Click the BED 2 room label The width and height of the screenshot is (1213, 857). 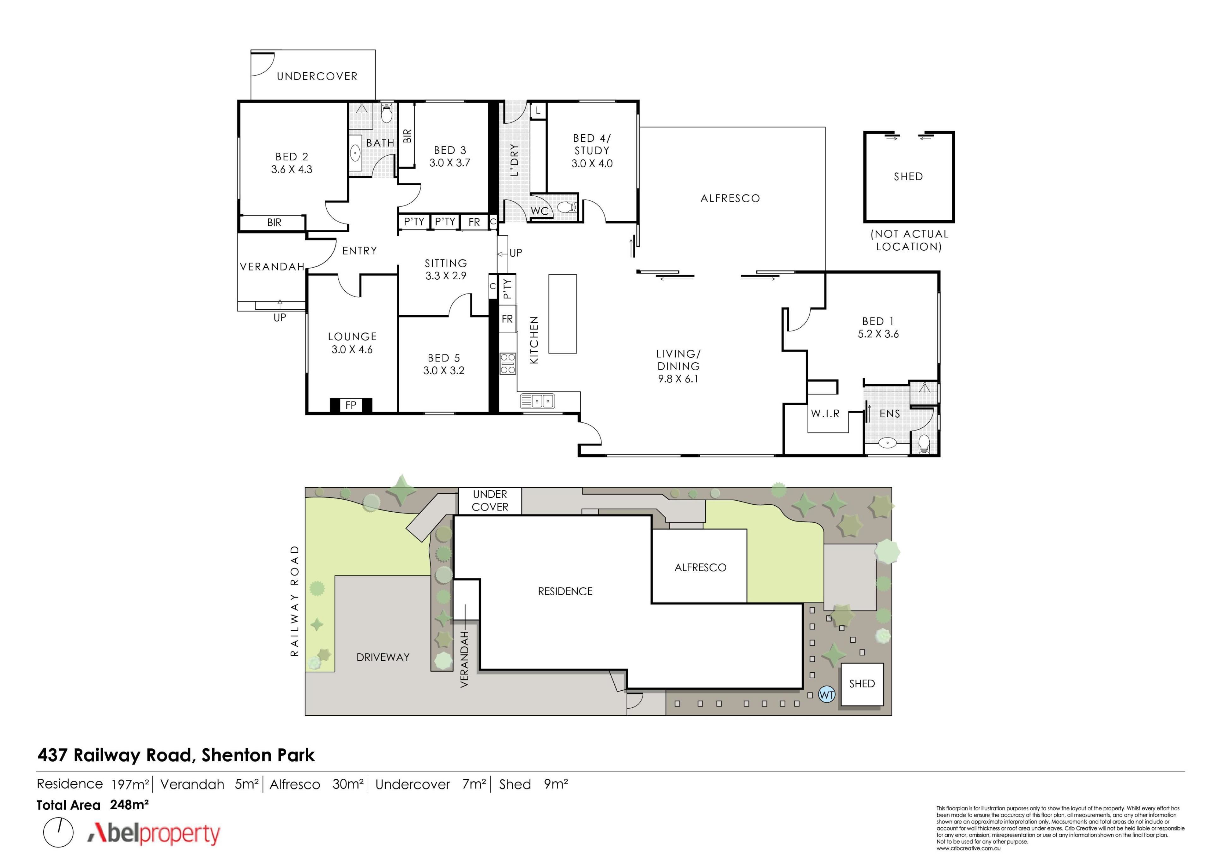pos(292,157)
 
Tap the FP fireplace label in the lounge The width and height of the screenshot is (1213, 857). pos(351,405)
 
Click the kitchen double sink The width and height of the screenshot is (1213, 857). pos(537,401)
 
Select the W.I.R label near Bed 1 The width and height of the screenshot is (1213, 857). pos(825,414)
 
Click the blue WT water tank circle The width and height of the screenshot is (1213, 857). pos(827,694)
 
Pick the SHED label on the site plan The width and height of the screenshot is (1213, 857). pos(862,683)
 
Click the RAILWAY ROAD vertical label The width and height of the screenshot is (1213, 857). pos(295,601)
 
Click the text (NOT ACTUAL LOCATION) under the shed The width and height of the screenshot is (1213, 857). pos(909,240)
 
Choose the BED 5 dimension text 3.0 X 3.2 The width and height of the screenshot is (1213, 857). pos(444,371)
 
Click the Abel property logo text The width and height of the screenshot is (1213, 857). pos(154,834)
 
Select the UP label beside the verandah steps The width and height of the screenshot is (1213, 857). pos(280,317)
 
